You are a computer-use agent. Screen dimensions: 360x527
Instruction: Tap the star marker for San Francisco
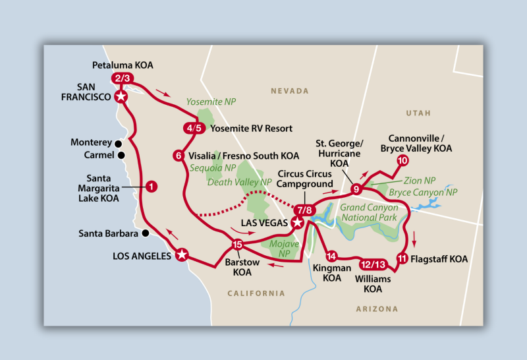(x=121, y=96)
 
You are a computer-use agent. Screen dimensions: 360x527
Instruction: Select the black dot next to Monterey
(x=118, y=143)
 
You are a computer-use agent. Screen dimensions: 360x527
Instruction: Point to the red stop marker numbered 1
(x=151, y=187)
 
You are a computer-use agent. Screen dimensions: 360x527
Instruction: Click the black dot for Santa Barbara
(x=145, y=233)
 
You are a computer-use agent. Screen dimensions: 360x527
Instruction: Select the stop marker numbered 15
(x=238, y=245)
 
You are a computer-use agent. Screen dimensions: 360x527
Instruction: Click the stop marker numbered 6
(x=178, y=156)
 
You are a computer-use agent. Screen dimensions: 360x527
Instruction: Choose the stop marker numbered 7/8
(x=304, y=210)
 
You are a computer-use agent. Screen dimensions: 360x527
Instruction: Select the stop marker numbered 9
(x=356, y=189)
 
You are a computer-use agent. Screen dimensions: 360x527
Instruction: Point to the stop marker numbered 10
(x=402, y=161)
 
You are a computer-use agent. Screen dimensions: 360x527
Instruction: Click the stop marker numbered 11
(x=402, y=259)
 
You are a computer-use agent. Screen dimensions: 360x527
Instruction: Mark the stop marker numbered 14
(x=331, y=256)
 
